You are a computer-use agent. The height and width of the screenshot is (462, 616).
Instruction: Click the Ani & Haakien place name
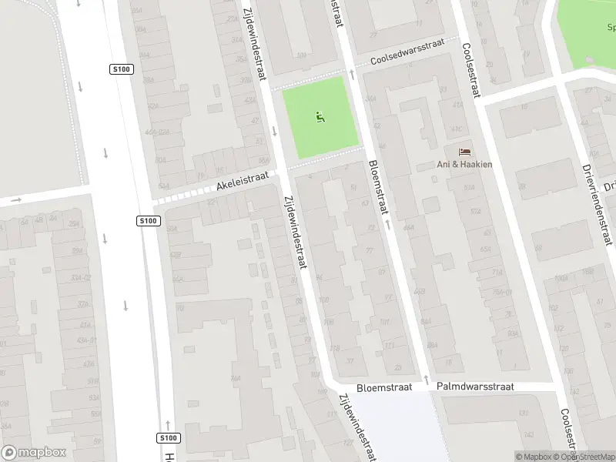[464, 164]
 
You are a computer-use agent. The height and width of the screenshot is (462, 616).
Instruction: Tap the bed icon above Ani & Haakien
[464, 152]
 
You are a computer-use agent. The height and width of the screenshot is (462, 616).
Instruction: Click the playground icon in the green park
[320, 117]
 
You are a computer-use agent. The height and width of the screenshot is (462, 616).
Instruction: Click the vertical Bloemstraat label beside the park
[379, 189]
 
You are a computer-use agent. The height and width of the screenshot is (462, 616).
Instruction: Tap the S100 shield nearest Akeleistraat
[149, 221]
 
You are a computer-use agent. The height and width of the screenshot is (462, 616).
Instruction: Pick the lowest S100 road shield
[169, 438]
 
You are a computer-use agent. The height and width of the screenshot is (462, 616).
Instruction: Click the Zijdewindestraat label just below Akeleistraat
[296, 232]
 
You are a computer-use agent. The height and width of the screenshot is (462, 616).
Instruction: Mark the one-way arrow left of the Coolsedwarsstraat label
[353, 74]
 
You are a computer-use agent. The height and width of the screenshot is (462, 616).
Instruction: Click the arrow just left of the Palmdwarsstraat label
[426, 380]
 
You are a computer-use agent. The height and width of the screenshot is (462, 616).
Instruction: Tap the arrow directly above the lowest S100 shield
[168, 423]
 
